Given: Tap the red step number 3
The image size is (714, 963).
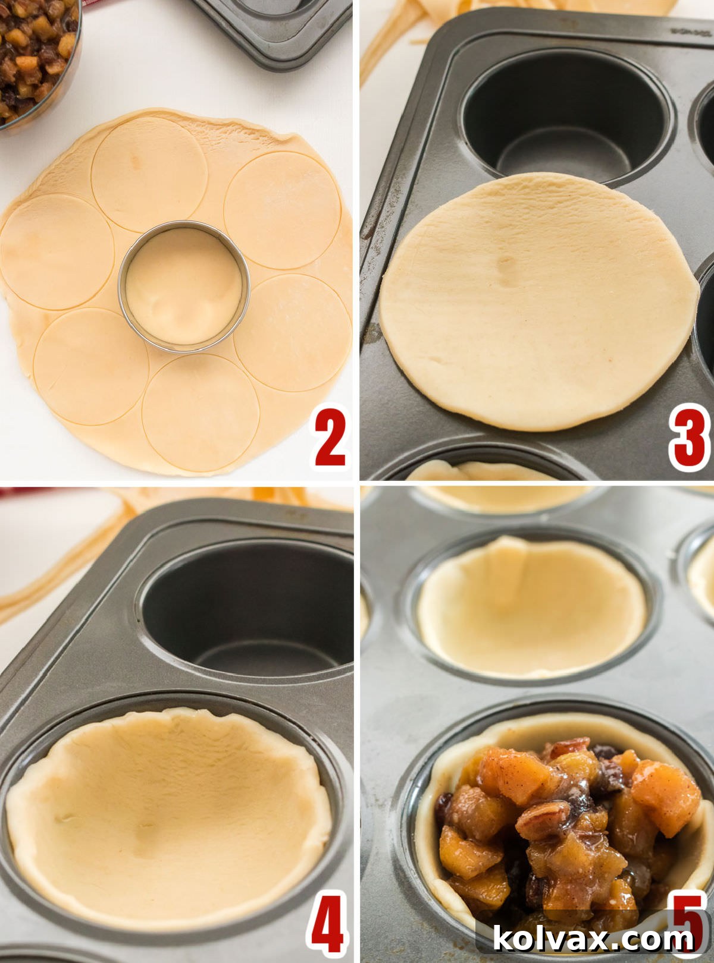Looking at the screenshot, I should pyautogui.click(x=689, y=440).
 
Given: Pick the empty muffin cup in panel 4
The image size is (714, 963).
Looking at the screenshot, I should pyautogui.click(x=250, y=612).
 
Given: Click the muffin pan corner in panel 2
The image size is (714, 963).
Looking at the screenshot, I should pyautogui.click(x=274, y=30).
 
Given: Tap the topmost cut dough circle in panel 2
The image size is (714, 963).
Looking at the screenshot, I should pyautogui.click(x=149, y=174).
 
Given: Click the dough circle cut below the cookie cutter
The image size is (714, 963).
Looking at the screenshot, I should pyautogui.click(x=201, y=412).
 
